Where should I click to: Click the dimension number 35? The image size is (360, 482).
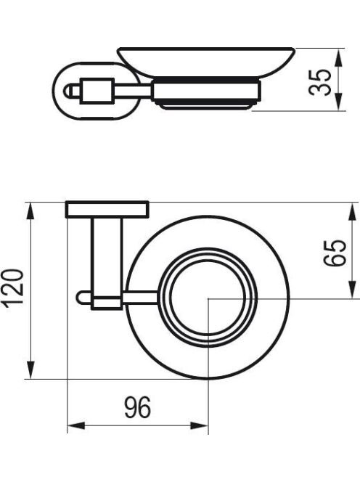(320, 82)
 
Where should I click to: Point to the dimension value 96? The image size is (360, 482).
(138, 407)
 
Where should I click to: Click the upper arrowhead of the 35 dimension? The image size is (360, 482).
(338, 57)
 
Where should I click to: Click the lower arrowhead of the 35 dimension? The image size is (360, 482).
(338, 102)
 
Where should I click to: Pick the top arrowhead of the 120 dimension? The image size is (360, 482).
(30, 211)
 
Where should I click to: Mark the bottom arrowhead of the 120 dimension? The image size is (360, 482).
(30, 370)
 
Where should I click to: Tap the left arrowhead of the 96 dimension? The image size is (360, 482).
(76, 426)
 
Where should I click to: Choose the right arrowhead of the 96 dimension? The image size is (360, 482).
(199, 426)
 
